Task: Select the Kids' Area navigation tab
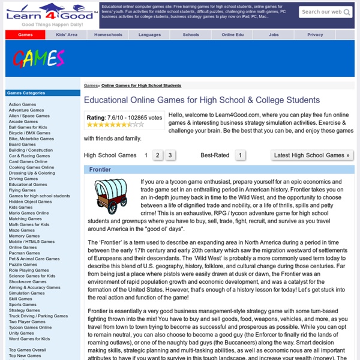pos(67,35)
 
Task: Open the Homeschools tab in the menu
pos(108,35)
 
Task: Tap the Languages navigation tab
pos(149,35)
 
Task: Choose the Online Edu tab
pos(232,35)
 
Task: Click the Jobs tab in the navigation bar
pos(274,35)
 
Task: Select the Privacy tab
pos(315,35)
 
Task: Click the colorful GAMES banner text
pos(38,59)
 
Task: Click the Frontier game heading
pos(100,170)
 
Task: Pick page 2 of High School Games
pos(157,155)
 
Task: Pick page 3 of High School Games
pos(170,155)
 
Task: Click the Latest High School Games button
pos(311,155)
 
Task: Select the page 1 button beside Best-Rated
pos(240,155)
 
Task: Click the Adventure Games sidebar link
pos(26,110)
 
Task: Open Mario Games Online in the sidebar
pos(29,213)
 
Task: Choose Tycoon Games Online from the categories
pos(30,327)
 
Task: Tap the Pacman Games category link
pos(25,253)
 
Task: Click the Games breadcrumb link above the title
pos(91,86)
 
